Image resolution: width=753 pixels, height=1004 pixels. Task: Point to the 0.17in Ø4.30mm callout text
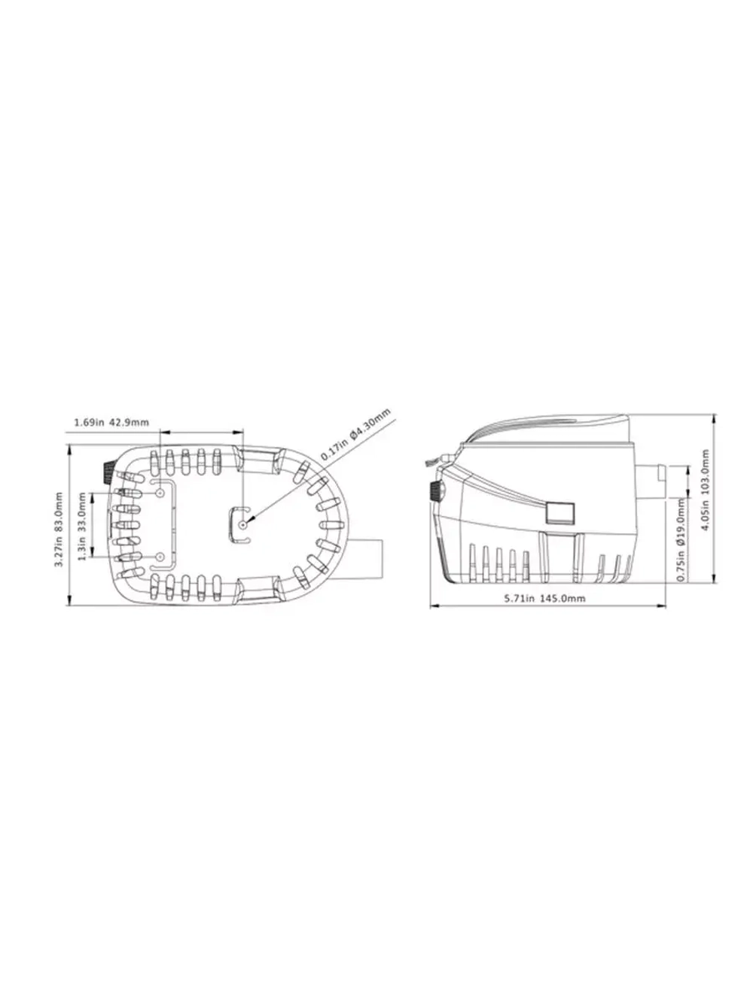click(355, 435)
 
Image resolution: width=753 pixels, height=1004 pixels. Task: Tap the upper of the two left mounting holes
click(161, 492)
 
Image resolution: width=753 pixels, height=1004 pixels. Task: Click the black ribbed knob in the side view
click(434, 492)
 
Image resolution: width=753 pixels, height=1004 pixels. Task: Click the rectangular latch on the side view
click(559, 513)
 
